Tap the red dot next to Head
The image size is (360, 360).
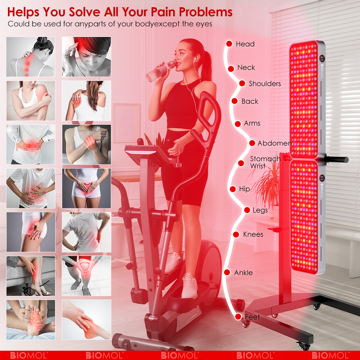229,44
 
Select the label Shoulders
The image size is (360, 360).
265,84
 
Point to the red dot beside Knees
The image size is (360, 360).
236,234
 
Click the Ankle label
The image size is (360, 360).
243,273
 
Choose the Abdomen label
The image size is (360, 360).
275,143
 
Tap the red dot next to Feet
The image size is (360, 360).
238,317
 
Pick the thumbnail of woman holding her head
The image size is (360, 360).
86,57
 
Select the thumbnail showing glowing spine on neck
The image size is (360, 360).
31,57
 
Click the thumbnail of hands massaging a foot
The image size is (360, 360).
31,320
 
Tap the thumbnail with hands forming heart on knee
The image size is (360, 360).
86,276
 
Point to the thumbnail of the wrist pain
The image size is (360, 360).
86,144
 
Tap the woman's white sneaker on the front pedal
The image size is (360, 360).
190,286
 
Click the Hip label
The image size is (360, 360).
244,189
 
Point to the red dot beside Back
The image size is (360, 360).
234,101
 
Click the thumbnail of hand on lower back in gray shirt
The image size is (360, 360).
86,232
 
